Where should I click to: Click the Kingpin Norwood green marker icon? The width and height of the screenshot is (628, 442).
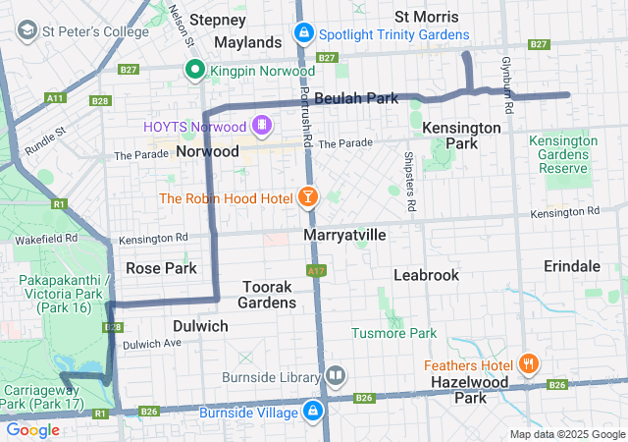point(195,71)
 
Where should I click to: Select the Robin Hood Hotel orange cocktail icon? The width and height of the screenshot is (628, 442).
point(308,198)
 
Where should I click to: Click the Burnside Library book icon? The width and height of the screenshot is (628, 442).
point(336,375)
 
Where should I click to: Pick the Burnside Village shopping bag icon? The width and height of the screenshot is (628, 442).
point(313,410)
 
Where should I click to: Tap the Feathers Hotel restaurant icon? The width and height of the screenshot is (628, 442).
point(529,362)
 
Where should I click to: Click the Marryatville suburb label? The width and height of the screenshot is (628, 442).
point(344,237)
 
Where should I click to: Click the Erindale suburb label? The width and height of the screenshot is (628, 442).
point(572,266)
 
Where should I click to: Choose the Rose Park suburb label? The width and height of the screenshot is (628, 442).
point(161,268)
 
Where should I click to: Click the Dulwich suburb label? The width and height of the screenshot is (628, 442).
point(200,326)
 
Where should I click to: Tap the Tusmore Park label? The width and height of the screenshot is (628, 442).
point(393,334)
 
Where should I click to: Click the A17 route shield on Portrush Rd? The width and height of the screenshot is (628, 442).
point(315,270)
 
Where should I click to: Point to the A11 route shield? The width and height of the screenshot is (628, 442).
point(55,98)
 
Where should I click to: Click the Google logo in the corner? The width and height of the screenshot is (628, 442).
point(33,429)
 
